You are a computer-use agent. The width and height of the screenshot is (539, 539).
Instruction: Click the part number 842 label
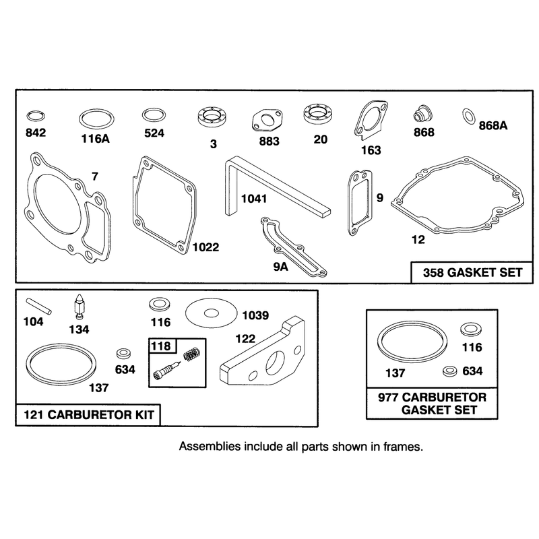click(36, 132)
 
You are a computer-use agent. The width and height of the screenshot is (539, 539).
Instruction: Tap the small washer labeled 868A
click(468, 116)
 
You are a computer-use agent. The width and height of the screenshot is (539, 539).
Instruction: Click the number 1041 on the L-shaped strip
click(254, 199)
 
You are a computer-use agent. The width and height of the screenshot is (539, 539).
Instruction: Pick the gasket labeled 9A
click(294, 246)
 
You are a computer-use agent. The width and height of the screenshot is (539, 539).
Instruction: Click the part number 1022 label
click(205, 247)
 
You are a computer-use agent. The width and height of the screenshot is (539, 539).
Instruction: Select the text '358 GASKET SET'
click(473, 273)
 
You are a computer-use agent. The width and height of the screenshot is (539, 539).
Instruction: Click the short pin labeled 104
click(38, 307)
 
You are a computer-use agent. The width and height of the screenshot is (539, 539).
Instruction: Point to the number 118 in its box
click(161, 346)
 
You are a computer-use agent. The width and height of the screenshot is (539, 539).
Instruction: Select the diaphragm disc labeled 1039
click(211, 313)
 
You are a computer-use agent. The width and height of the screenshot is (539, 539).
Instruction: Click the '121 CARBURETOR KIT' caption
click(89, 415)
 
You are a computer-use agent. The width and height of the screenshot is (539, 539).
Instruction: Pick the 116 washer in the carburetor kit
click(158, 305)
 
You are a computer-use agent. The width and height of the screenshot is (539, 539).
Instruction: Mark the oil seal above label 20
click(318, 113)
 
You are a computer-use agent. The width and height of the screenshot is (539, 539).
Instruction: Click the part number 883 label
click(269, 141)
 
